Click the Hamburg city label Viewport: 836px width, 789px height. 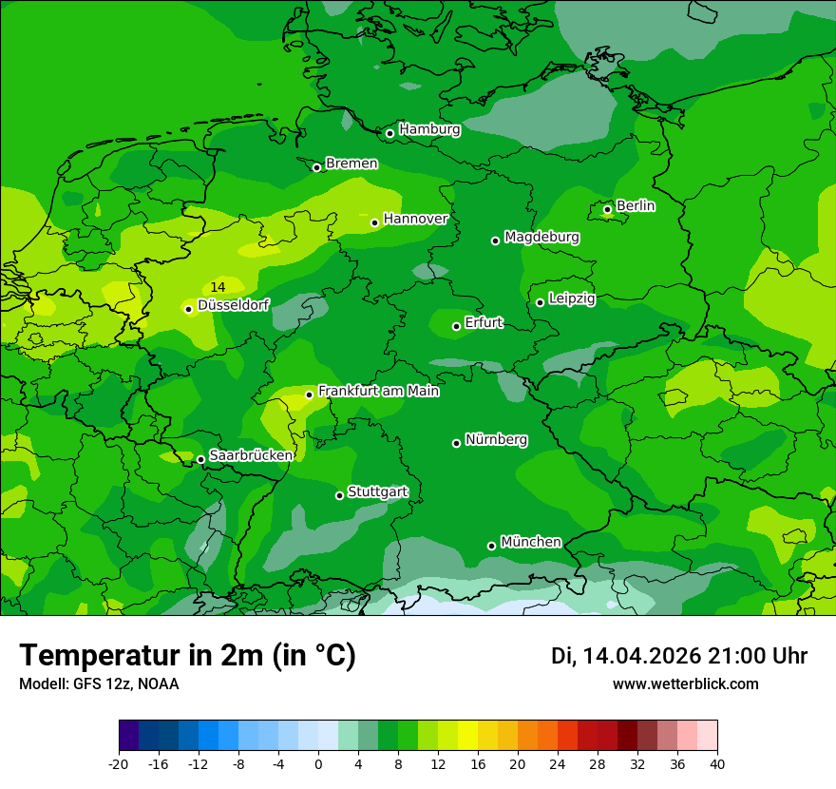(429, 129)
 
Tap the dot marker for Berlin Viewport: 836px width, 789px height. (608, 209)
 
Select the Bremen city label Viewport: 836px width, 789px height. (351, 164)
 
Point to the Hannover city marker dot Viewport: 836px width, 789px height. (375, 222)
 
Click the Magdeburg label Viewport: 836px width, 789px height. (541, 237)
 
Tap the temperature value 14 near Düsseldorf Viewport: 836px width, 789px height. (218, 287)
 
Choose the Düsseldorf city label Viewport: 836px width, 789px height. (233, 305)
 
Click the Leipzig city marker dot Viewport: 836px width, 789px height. (540, 302)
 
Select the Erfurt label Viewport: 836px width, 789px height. (484, 323)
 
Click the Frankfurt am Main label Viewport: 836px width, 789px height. (378, 391)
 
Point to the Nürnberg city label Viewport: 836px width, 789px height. (496, 440)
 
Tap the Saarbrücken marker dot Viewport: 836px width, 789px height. (200, 459)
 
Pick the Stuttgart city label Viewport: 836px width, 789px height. (378, 492)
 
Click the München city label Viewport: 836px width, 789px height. (530, 542)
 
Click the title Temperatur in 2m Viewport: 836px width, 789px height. (187, 655)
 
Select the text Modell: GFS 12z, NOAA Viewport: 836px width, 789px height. (99, 683)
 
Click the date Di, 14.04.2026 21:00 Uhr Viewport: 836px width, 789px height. (679, 656)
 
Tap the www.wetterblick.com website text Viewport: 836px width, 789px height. (685, 683)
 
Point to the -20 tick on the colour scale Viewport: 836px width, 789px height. (119, 763)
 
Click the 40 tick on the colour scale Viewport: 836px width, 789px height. (717, 763)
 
